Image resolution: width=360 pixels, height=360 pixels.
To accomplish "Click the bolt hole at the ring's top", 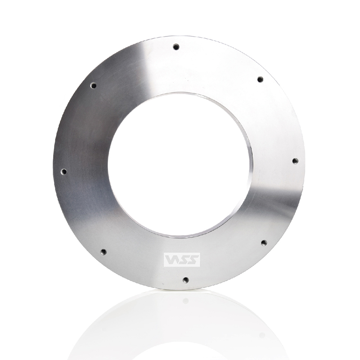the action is (x=176, y=47).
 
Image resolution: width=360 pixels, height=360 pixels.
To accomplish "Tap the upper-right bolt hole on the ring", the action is (x=260, y=80).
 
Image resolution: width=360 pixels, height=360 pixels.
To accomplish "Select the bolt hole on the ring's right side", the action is (x=295, y=161).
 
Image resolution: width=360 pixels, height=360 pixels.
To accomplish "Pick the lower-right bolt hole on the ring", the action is (x=264, y=243).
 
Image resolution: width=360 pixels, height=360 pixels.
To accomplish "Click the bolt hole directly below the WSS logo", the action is (x=186, y=280).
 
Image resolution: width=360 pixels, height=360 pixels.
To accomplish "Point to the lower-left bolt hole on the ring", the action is (x=104, y=252).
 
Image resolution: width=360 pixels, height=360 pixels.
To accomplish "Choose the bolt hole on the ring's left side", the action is (x=64, y=171).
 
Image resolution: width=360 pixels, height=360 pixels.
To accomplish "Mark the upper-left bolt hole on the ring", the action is (x=94, y=86).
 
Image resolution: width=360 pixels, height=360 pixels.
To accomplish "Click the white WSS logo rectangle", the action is (x=182, y=260).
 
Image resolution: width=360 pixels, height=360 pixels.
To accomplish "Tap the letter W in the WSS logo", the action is (x=171, y=260).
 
